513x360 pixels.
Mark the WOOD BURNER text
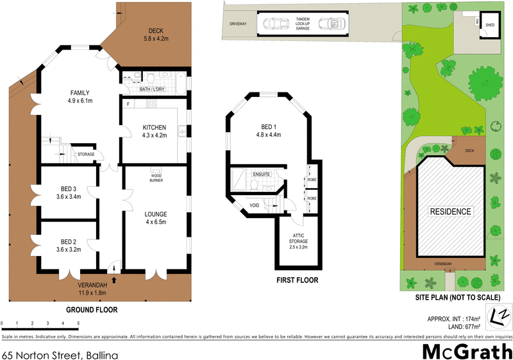click(x=156, y=177)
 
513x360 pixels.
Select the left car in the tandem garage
click(x=276, y=24)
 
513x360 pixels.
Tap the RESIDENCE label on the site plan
click(x=450, y=211)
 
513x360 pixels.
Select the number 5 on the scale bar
click(x=78, y=323)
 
